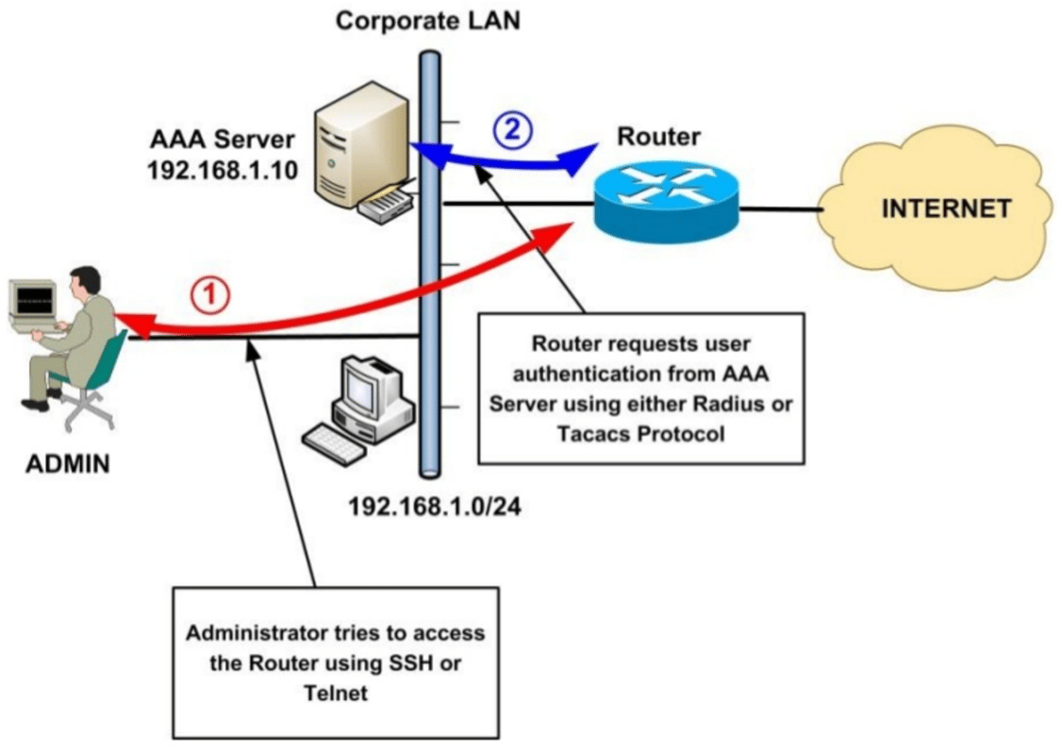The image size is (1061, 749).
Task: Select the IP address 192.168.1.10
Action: coord(223,172)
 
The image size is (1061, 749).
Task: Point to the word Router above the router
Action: coord(658,137)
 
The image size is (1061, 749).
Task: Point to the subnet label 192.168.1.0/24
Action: coord(435,508)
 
